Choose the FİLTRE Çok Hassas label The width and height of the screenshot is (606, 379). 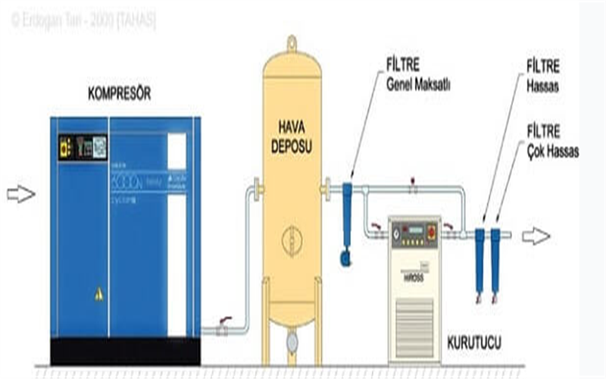coord(552,145)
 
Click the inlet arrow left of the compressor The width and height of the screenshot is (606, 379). coord(21,195)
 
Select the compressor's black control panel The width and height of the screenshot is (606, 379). coord(83,146)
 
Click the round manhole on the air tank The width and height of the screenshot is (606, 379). coord(292,241)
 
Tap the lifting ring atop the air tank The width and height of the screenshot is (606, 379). coord(292,42)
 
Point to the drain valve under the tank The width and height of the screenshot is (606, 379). coord(292,342)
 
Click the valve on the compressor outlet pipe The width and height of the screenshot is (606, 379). coord(223,327)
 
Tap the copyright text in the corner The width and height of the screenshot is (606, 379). coord(83,20)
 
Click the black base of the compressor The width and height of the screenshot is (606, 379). coord(125,351)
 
